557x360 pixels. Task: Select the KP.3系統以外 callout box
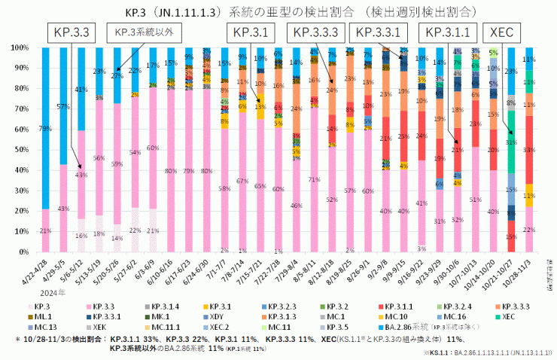pos(148,32)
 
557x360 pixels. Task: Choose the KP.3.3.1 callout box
pos(381,32)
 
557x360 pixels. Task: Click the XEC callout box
pos(502,32)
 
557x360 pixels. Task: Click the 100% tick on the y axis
pos(22,47)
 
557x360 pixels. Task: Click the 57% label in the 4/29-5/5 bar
pos(63,106)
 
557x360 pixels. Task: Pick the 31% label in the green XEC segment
pos(512,142)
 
